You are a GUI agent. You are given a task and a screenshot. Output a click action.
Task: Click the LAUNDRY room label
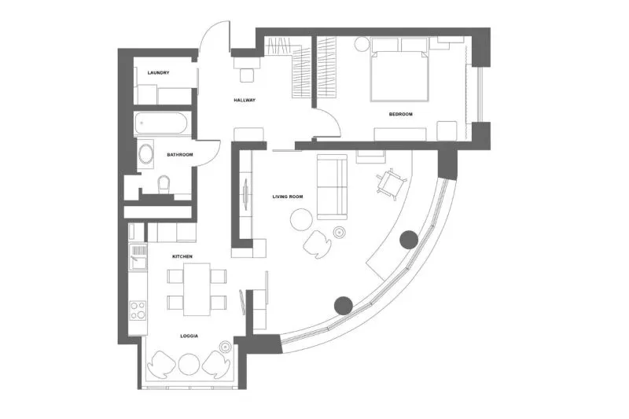[159, 73]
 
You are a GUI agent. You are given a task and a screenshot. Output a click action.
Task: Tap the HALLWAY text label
[245, 101]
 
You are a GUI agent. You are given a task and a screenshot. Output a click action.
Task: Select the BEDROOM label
[401, 114]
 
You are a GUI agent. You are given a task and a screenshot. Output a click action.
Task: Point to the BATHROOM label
[180, 155]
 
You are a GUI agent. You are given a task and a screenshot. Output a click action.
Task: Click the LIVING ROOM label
[288, 197]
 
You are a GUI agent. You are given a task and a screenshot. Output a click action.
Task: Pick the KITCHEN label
[182, 256]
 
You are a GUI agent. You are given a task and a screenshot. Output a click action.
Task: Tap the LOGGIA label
[189, 336]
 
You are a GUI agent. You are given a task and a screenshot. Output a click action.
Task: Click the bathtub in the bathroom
[163, 123]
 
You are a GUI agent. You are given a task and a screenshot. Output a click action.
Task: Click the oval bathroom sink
[146, 153]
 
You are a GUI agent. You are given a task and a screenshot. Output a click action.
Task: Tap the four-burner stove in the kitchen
[138, 310]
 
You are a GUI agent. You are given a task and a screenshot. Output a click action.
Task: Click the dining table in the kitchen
[197, 289]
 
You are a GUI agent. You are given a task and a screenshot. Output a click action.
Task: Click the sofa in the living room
[332, 187]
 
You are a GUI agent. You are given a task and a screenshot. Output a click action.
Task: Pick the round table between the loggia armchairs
[189, 364]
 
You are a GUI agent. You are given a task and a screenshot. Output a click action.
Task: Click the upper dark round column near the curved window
[409, 240]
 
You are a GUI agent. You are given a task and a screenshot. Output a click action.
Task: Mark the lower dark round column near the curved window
[344, 306]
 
